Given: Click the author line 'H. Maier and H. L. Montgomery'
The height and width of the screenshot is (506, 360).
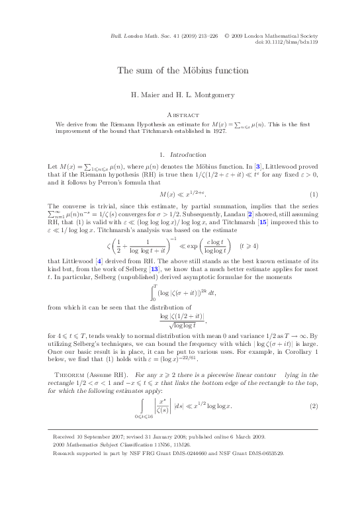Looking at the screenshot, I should click(179, 95).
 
